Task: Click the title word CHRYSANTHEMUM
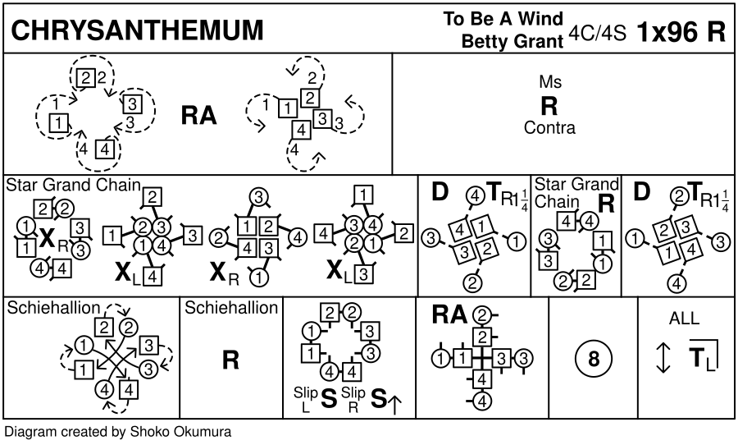click(x=137, y=30)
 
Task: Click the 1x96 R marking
click(x=681, y=31)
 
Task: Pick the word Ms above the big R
click(x=550, y=82)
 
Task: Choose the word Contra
click(x=549, y=128)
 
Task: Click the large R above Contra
click(x=549, y=106)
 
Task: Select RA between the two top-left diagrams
click(x=198, y=117)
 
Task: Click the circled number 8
click(x=594, y=358)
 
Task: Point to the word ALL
click(x=685, y=319)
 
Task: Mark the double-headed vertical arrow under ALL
click(x=663, y=356)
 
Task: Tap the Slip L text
click(x=304, y=399)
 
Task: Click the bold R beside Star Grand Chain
click(x=607, y=204)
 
